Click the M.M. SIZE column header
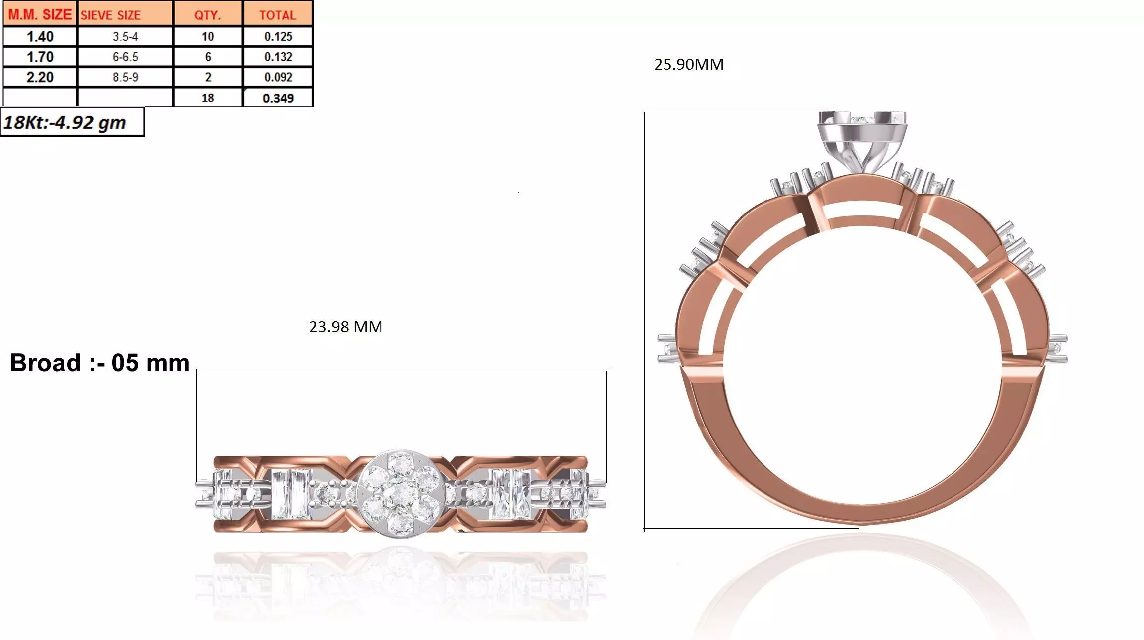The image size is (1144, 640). (x=40, y=14)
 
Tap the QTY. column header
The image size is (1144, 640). (x=207, y=15)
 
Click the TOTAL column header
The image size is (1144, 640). (x=278, y=15)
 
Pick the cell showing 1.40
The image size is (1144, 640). (x=40, y=36)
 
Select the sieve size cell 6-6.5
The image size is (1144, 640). (x=125, y=57)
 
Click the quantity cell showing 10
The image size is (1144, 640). (x=207, y=36)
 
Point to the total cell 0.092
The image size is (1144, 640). (x=278, y=77)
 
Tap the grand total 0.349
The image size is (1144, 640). (x=278, y=98)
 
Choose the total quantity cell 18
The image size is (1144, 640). (x=207, y=98)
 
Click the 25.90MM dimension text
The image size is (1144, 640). (x=688, y=64)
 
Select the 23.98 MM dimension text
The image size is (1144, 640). (x=345, y=327)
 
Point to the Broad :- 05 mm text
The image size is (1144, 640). (x=99, y=363)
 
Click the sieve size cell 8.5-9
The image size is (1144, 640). (x=125, y=77)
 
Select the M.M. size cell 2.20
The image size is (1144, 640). (x=40, y=77)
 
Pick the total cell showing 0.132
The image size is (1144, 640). (x=278, y=57)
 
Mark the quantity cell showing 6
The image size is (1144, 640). (x=207, y=57)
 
